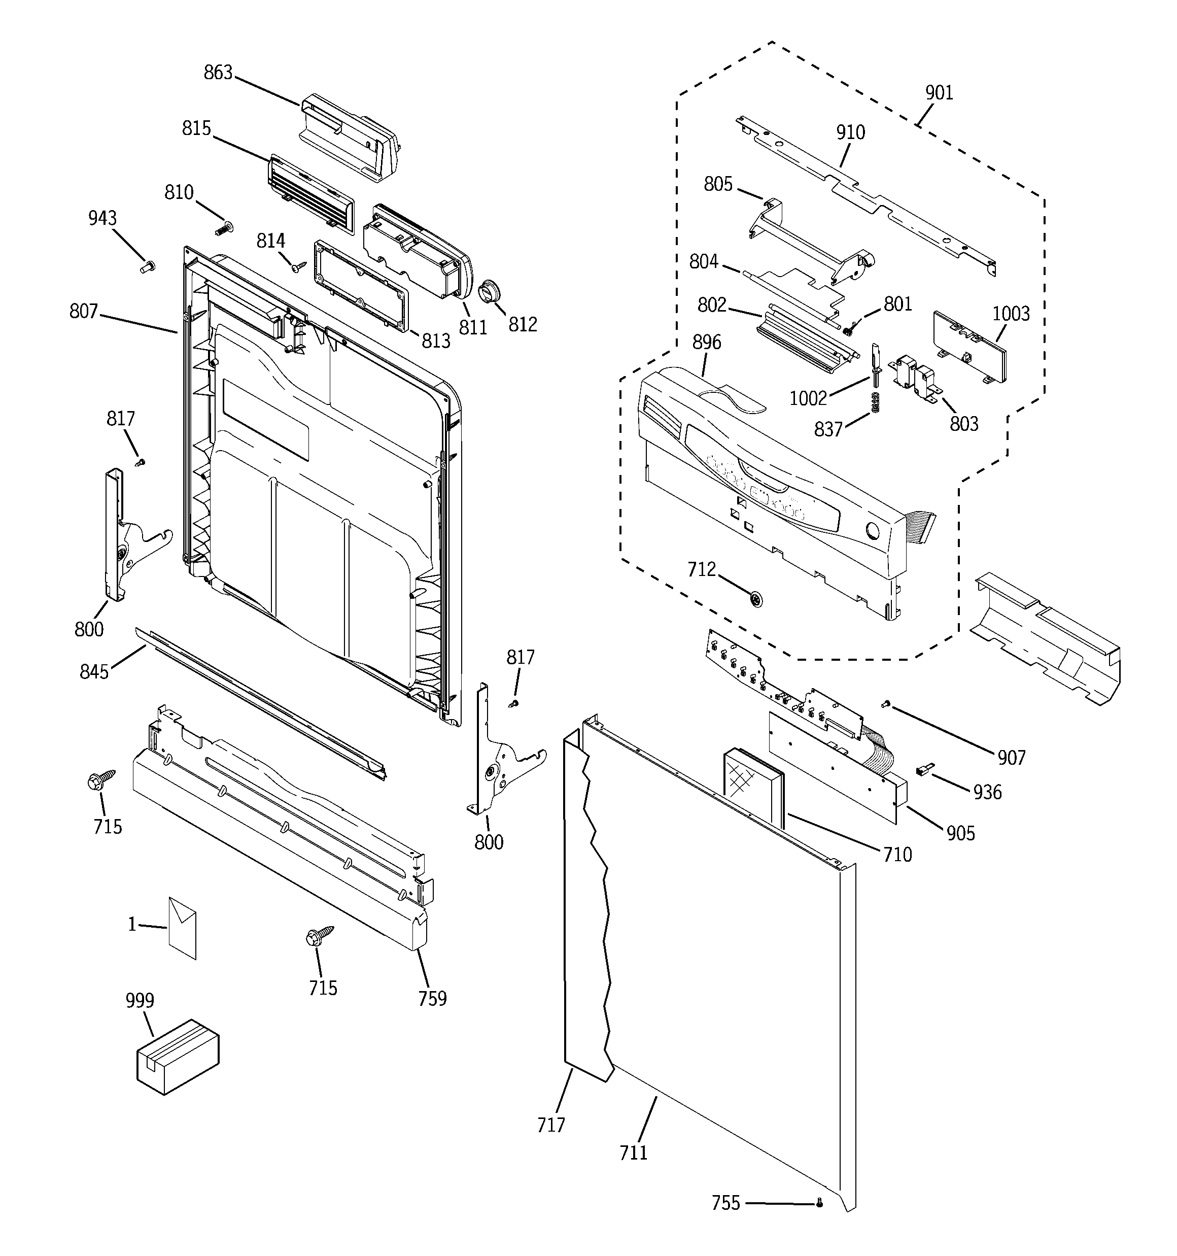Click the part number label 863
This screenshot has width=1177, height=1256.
pyautogui.click(x=218, y=73)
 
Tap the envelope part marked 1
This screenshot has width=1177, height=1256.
pyautogui.click(x=182, y=928)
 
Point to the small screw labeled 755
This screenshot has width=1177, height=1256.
pyautogui.click(x=819, y=1204)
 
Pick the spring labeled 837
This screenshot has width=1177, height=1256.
pyautogui.click(x=876, y=402)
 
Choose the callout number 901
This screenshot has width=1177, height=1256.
pyautogui.click(x=939, y=93)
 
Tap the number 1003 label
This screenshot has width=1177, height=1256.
pyautogui.click(x=1010, y=314)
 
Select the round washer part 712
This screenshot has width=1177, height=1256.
pyautogui.click(x=755, y=598)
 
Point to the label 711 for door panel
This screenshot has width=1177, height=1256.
pyautogui.click(x=633, y=1153)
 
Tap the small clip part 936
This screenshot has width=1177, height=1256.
pyautogui.click(x=924, y=769)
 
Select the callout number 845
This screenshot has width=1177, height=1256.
pyautogui.click(x=94, y=671)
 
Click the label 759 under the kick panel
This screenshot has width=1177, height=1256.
pyautogui.click(x=432, y=998)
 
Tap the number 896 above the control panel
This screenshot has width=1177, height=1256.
pyautogui.click(x=706, y=342)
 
